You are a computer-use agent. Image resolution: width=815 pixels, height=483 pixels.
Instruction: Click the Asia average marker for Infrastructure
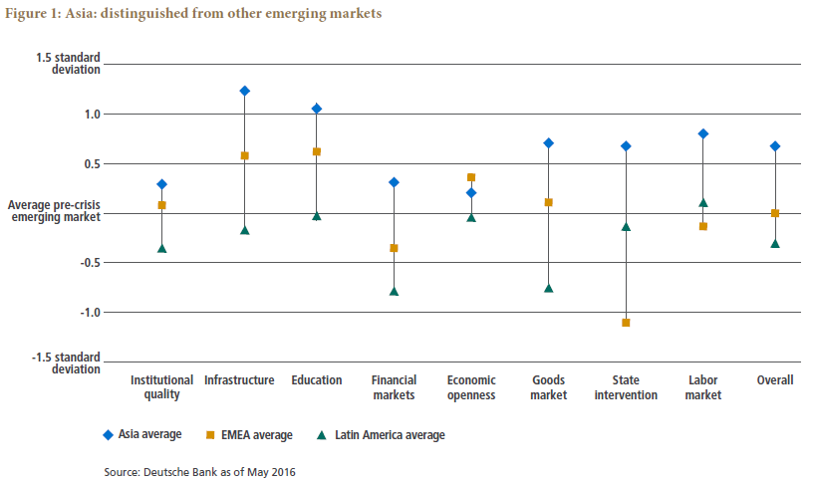(244, 91)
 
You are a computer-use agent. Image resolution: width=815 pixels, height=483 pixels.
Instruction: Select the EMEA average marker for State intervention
(626, 323)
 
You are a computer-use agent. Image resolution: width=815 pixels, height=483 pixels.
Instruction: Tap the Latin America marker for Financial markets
(394, 292)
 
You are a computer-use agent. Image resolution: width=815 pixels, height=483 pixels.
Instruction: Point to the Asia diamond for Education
(317, 109)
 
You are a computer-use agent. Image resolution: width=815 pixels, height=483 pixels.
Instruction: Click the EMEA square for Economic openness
(471, 177)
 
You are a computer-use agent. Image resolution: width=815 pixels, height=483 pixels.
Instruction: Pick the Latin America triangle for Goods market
(548, 289)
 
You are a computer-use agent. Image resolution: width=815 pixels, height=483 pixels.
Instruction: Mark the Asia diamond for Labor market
(703, 133)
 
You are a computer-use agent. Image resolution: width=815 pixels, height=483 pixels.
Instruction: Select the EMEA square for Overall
(775, 213)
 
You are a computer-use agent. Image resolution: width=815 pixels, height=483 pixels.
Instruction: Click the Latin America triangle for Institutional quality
(161, 248)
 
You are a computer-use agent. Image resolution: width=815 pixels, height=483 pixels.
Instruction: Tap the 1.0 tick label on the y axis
(91, 114)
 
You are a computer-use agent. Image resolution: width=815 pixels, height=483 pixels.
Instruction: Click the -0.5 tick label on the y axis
(89, 263)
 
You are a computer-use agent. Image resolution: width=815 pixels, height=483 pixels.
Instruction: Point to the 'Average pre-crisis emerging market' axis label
(54, 211)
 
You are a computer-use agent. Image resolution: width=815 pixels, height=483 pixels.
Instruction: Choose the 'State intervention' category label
(626, 387)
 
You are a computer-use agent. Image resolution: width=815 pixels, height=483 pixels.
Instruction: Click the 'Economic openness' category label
(471, 387)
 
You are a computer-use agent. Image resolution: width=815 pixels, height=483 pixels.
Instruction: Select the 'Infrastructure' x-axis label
(239, 380)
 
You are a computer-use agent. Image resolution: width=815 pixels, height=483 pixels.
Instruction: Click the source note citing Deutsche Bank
(199, 471)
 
